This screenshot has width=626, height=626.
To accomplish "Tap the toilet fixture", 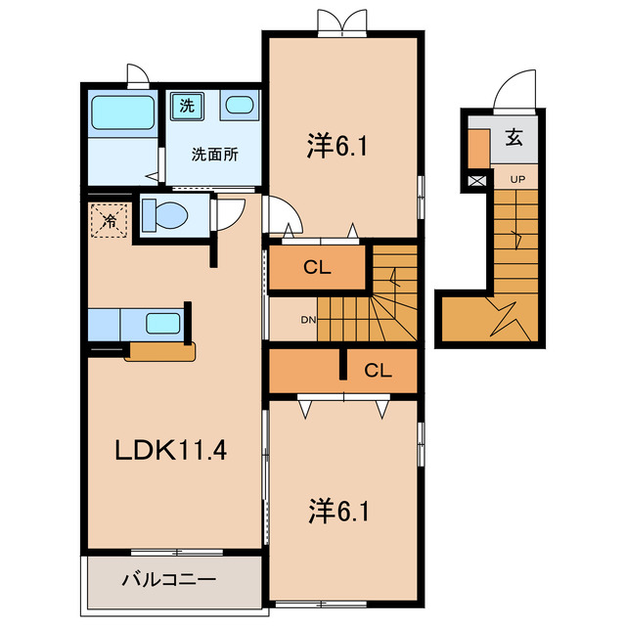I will pos(165,213).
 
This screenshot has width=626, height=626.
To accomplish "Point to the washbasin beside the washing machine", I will pos(238,106).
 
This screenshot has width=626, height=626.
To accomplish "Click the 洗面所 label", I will pos(212,154).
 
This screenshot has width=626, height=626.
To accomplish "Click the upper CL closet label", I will pos(316,266).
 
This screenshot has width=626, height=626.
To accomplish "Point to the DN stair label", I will pos(307,320).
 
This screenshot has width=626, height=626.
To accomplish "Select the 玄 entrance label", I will pos(514,137).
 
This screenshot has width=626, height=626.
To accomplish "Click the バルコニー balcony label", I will pos(168,580).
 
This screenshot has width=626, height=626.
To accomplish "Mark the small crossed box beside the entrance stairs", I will pos(476,180).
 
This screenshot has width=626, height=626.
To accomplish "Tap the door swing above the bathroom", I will pos(137,75).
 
